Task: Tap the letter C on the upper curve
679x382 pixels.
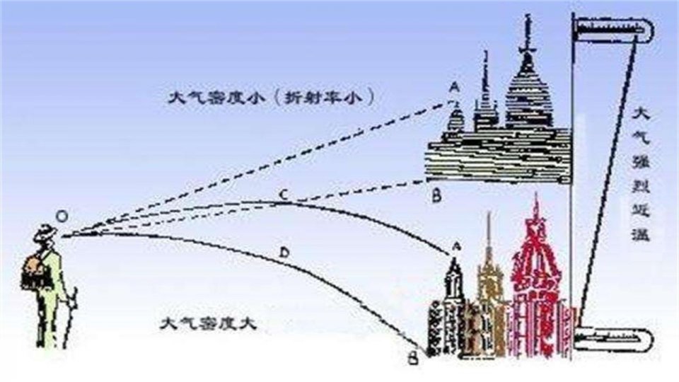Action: (282, 195)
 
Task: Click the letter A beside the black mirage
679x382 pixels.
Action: (453, 87)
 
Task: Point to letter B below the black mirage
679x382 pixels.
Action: (436, 196)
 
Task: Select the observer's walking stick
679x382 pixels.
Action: (69, 318)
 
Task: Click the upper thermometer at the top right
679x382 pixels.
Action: (613, 29)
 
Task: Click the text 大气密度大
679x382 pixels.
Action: (207, 325)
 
